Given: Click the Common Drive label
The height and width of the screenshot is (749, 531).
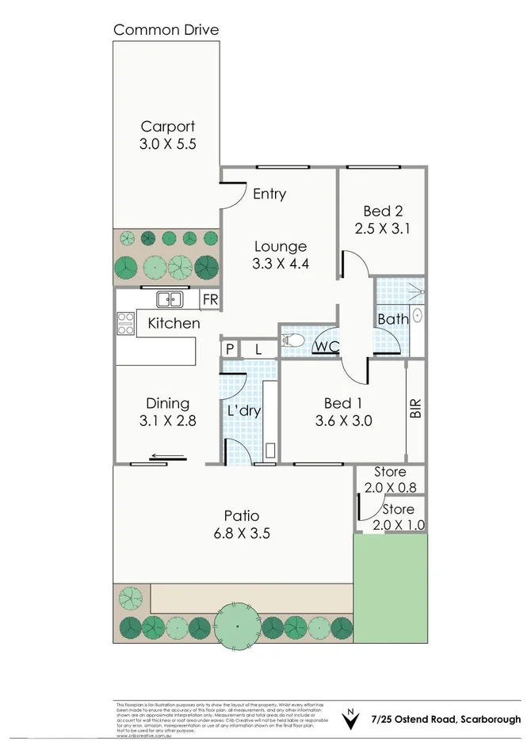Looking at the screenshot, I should point(166,30).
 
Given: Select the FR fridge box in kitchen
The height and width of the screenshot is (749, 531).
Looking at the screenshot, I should point(209,299).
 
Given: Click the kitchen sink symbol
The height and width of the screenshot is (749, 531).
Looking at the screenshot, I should point(170,298).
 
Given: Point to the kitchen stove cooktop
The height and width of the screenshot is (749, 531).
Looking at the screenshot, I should point(125,323).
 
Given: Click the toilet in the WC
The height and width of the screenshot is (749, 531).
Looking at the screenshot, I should point(293,341).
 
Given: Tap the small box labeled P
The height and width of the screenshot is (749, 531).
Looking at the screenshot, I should point(228,348).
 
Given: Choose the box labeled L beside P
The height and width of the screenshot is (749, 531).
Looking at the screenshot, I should point(258,348).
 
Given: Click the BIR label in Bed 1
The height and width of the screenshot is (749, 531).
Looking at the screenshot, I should point(416,408).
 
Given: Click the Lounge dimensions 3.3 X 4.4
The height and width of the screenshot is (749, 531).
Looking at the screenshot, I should point(279,264).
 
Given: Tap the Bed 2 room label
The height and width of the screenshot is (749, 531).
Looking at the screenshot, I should point(383,211).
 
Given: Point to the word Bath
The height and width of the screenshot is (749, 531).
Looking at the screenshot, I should point(393,319).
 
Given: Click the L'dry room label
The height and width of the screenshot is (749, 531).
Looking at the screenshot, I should point(244,411).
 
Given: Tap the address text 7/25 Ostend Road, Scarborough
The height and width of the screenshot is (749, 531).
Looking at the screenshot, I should point(446,719).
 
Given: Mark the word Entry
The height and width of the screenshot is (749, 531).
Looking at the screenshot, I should point(269,194).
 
